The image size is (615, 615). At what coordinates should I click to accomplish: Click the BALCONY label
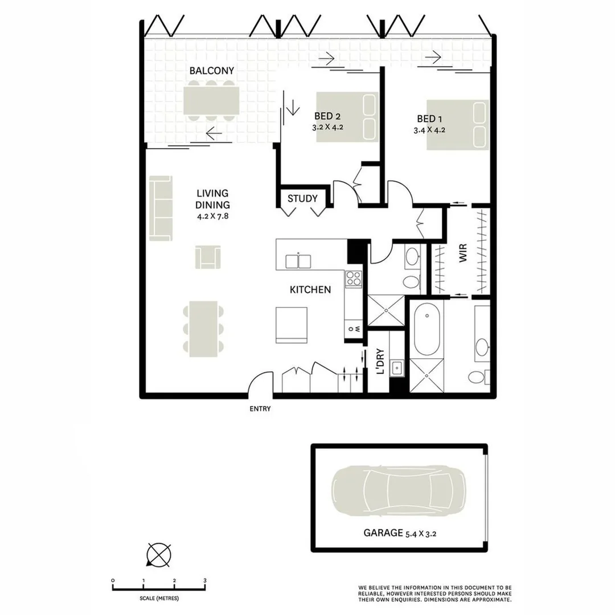[x=211, y=71]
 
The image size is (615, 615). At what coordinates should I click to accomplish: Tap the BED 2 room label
[x=327, y=117]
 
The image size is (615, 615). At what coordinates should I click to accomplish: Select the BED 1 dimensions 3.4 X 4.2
[x=429, y=130]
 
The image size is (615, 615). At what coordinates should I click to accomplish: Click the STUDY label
[x=302, y=199]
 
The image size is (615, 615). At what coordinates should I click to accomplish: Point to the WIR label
[x=462, y=253]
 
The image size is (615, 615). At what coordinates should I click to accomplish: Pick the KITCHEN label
[x=310, y=290]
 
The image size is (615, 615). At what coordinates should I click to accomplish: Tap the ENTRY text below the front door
[x=260, y=409]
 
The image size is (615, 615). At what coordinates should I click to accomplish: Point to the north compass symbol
[x=159, y=553]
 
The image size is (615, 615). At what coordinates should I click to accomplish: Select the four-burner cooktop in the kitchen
[x=354, y=278]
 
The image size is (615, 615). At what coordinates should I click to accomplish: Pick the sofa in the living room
[x=161, y=208]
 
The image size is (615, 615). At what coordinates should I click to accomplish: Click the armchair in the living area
[x=207, y=257]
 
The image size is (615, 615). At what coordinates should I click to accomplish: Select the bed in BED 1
[x=458, y=125]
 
